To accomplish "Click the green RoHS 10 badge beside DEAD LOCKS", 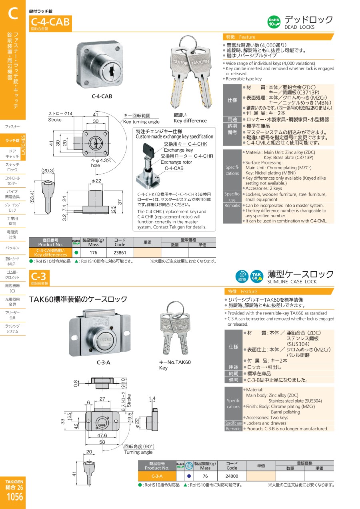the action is pyautogui.click(x=274, y=22).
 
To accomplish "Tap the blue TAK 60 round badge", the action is pyautogui.click(x=257, y=277).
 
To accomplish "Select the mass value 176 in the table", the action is pyautogui.click(x=93, y=252).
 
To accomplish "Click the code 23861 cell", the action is pyautogui.click(x=120, y=252).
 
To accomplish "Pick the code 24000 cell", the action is pyautogui.click(x=232, y=476).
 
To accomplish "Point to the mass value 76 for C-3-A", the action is pyautogui.click(x=205, y=476).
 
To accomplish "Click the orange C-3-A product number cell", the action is pyautogui.click(x=157, y=476).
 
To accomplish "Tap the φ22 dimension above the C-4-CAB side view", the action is pyautogui.click(x=96, y=181).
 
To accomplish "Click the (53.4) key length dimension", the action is pyautogui.click(x=32, y=197).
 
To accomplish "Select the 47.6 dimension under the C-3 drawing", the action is pyautogui.click(x=102, y=435).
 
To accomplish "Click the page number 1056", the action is pyautogui.click(x=15, y=497).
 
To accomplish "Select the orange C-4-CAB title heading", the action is pyautogui.click(x=50, y=22).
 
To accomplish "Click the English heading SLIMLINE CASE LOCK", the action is pyautogui.click(x=292, y=282).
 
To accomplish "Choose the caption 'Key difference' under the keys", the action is pyautogui.click(x=190, y=121).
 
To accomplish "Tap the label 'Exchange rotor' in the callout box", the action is pyautogui.click(x=176, y=162).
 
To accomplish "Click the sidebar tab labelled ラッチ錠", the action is pyautogui.click(x=12, y=140).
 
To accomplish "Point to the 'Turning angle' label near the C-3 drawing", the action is pyautogui.click(x=138, y=452).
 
